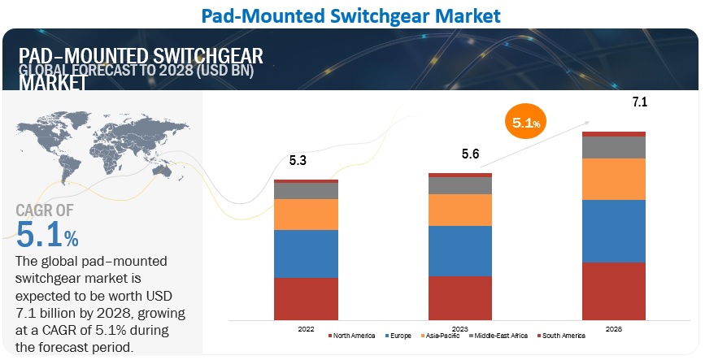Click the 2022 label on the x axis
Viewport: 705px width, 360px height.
coord(306,328)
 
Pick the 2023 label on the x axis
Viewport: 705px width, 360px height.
coord(460,328)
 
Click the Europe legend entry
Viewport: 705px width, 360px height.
coord(398,336)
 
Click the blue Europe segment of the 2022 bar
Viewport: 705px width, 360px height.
coord(306,254)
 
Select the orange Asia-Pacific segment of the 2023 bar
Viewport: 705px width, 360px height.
coord(460,210)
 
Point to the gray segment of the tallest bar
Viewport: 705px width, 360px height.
coord(614,147)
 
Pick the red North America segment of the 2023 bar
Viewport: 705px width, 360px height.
coord(460,298)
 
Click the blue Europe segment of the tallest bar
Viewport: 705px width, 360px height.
coord(614,231)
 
